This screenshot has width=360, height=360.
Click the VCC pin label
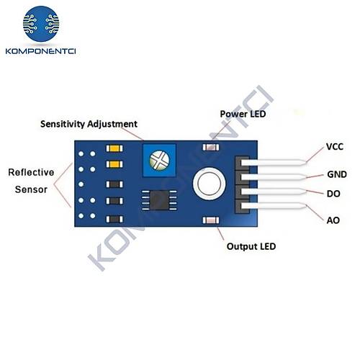tap(335, 147)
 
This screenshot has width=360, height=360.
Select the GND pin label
tap(337, 174)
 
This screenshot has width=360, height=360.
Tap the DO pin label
tap(333, 194)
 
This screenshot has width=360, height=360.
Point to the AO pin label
tap(333, 220)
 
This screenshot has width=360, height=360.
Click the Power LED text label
tap(243, 114)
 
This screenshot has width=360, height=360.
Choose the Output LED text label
tap(251, 246)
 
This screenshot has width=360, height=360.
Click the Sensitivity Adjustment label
tap(89, 124)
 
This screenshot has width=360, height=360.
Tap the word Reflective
tap(31, 172)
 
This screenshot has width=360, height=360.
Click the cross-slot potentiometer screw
tap(159, 160)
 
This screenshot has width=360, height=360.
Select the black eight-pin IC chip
tap(159, 200)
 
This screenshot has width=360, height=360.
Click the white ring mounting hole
tap(210, 184)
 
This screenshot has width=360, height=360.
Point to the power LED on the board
tap(211, 147)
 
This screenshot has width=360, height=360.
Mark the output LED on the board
tap(211, 220)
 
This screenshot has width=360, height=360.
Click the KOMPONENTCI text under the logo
tap(40, 51)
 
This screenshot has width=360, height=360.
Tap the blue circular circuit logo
tap(41, 24)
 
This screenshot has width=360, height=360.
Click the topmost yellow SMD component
tap(114, 148)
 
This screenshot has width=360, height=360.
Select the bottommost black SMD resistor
tap(114, 219)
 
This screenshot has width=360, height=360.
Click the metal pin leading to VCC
tap(274, 163)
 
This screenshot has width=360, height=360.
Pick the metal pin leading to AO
tap(274, 206)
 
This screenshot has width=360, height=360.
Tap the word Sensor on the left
tap(31, 189)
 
